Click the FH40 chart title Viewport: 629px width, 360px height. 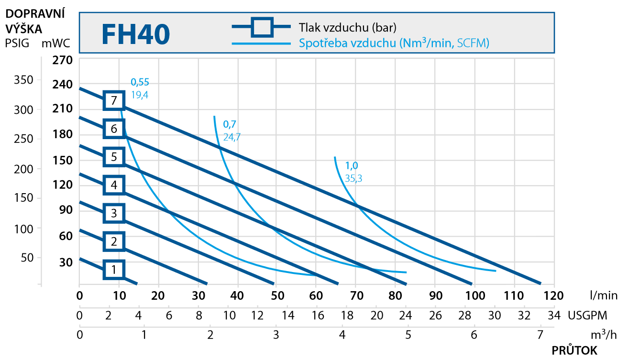click(136, 34)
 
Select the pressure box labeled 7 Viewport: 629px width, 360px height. click(114, 100)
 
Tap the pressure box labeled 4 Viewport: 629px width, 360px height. click(114, 185)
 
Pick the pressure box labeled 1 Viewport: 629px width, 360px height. click(114, 269)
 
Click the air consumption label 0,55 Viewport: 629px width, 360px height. click(140, 82)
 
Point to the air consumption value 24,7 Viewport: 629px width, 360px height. click(232, 137)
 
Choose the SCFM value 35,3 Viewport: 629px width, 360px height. click(353, 178)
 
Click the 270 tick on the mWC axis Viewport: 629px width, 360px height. click(62, 60)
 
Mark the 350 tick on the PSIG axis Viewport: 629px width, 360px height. click(23, 80)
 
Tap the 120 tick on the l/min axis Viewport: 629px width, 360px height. click(553, 296)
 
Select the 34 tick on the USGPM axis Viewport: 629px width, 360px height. click(554, 316)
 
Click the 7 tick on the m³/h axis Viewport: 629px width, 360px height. click(540, 335)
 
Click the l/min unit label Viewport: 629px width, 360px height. click(604, 295)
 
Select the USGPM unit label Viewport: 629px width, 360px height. click(587, 316)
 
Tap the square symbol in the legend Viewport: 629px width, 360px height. click(262, 27)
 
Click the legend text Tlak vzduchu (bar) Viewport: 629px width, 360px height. click(348, 28)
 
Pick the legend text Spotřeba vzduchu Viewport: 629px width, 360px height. click(348, 43)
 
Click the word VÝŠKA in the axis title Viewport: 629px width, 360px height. click(24, 29)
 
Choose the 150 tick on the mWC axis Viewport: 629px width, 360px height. click(63, 160)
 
